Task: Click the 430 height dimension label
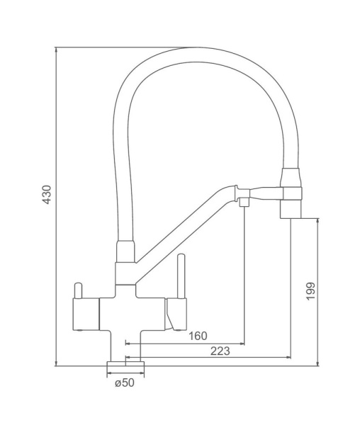[47, 194]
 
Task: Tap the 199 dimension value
[310, 291]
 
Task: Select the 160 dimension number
[198, 336]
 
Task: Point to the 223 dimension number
[220, 351]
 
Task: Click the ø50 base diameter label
[125, 382]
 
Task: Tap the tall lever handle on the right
[181, 276]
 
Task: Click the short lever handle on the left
[78, 290]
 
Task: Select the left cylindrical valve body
[86, 314]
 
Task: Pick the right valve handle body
[176, 314]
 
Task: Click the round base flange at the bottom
[125, 363]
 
